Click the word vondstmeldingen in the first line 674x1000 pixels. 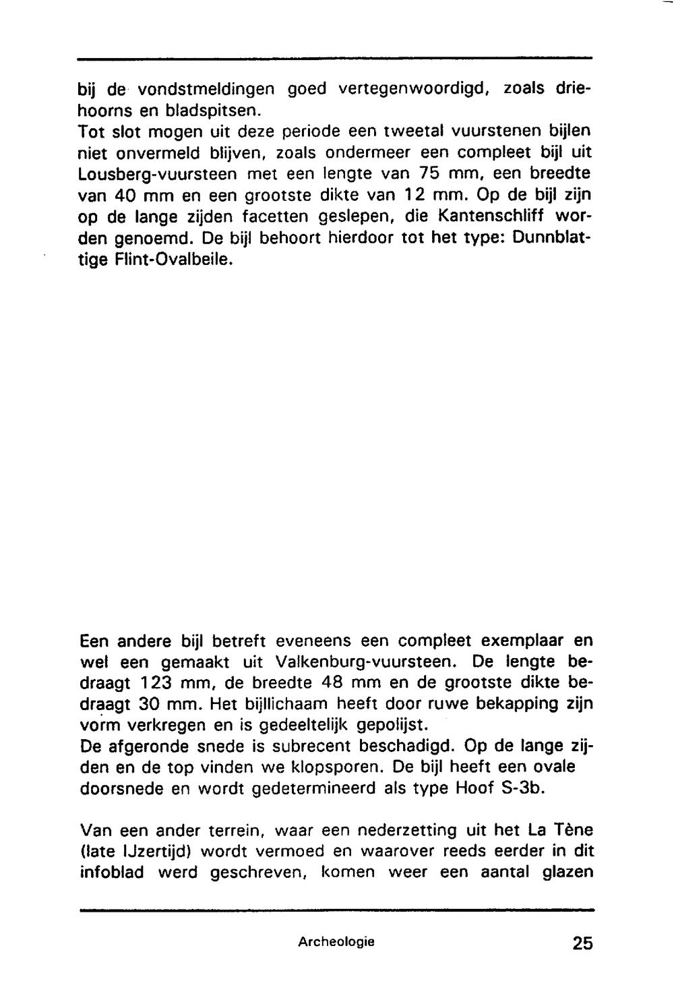point(206,88)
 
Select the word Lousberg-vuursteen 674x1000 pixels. point(156,174)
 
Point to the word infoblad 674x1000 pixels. point(112,872)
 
